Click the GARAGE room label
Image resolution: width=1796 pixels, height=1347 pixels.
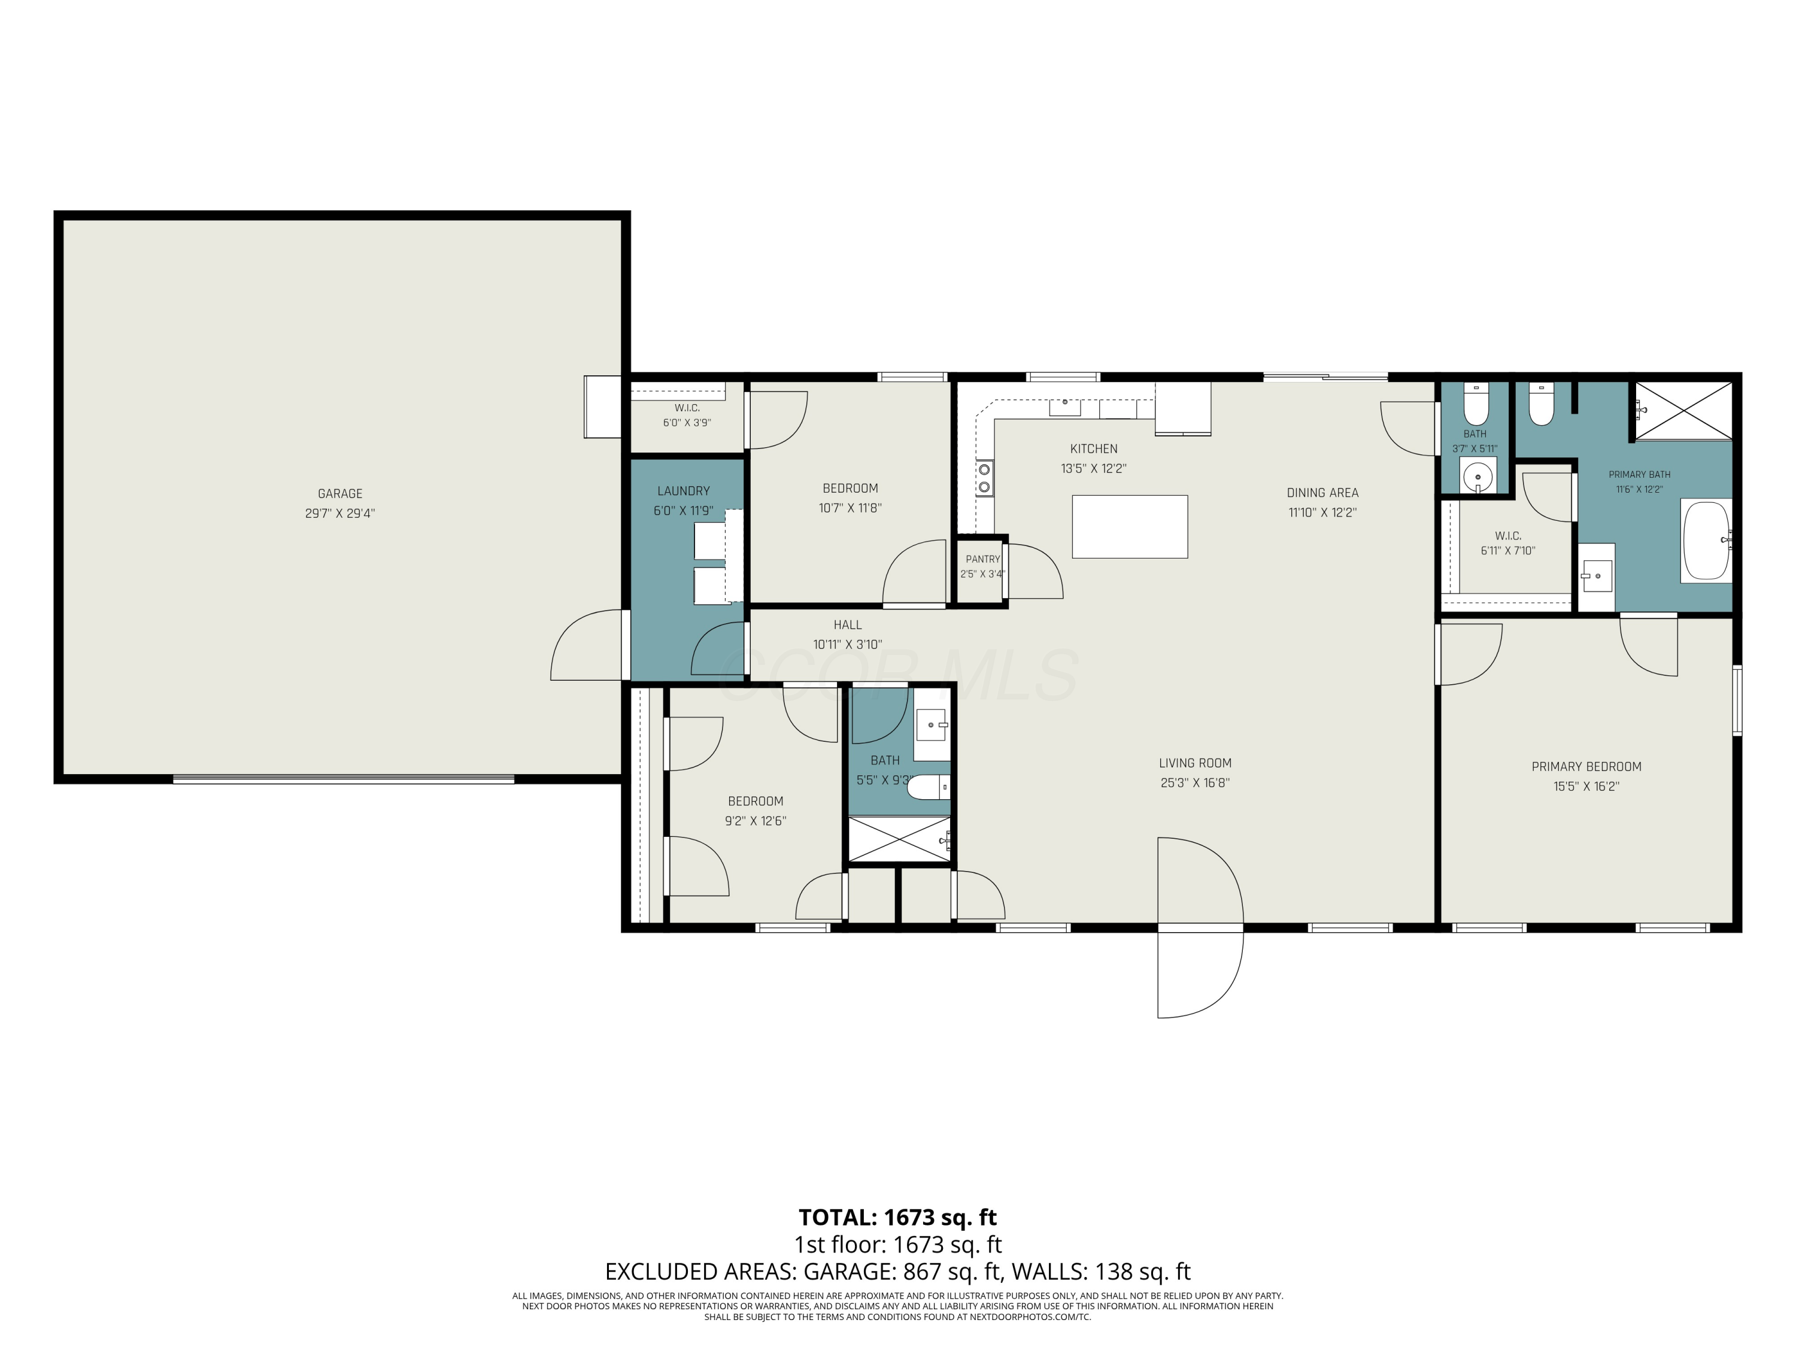339,494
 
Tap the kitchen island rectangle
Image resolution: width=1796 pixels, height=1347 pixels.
1130,526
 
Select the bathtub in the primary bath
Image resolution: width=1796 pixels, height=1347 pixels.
1707,540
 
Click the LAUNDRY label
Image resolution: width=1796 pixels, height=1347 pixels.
683,492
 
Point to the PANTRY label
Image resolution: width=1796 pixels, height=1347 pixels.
982,559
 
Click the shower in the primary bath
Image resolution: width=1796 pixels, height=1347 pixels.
1682,411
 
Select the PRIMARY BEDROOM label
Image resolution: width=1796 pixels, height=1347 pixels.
1586,766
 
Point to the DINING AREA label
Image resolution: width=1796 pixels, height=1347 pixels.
1322,493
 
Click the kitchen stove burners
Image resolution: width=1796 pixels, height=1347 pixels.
984,477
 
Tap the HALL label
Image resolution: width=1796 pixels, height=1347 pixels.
847,625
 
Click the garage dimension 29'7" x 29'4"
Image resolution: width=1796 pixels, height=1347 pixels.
339,513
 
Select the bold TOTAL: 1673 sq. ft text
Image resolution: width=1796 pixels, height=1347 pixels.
897,1218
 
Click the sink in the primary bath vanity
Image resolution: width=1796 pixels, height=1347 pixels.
1597,576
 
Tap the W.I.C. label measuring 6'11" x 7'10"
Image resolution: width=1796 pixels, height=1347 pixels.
1508,536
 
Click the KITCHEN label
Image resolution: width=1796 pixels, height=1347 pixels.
1094,449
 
